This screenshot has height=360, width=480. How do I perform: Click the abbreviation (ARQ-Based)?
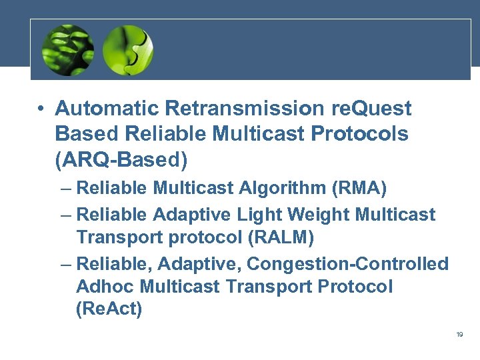tap(121, 160)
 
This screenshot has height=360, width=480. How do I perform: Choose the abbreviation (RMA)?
tap(359, 189)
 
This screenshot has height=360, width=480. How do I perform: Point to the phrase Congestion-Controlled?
tap(347, 264)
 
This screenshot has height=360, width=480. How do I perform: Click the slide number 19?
tap(459, 334)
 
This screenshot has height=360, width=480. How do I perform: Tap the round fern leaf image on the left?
tap(67, 50)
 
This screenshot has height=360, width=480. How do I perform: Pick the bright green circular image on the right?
tap(128, 50)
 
